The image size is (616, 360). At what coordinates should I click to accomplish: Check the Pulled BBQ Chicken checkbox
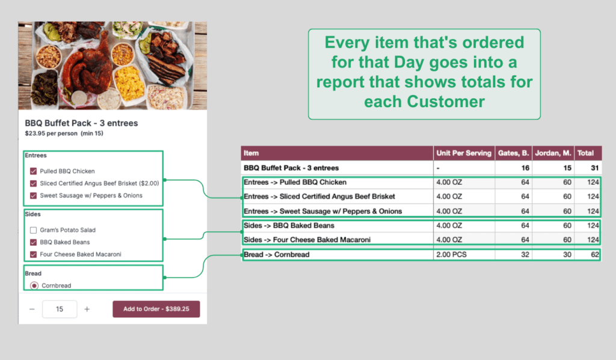coord(34,171)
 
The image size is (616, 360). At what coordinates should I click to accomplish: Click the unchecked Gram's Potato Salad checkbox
coord(34,230)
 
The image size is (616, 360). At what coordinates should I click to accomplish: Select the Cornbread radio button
coord(34,285)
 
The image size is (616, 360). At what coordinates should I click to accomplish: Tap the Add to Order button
coord(156,309)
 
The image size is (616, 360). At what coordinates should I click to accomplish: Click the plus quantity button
coord(87,309)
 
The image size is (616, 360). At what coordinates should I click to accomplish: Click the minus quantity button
coord(32,309)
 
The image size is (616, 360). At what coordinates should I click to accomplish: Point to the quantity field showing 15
coord(60,309)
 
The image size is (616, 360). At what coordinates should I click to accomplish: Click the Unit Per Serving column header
coord(464,153)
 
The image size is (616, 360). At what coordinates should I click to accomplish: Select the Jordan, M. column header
coord(553,153)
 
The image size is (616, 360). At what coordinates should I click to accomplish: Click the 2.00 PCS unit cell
coord(451,254)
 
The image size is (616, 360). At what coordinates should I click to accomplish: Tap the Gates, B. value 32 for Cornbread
coord(525,254)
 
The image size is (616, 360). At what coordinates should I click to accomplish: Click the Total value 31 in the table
coord(595,168)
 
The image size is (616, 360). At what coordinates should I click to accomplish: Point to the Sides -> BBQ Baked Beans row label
coord(289,225)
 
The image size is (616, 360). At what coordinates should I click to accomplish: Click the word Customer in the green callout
coord(446,101)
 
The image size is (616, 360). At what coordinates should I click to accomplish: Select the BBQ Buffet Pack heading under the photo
coord(81,123)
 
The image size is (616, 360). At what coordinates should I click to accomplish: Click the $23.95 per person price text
coord(51,133)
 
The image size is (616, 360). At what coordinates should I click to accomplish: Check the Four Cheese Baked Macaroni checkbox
coord(34,254)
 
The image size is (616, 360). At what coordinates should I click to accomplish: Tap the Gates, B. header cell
coord(514,153)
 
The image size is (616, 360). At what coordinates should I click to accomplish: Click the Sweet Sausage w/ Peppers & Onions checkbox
coord(34,195)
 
